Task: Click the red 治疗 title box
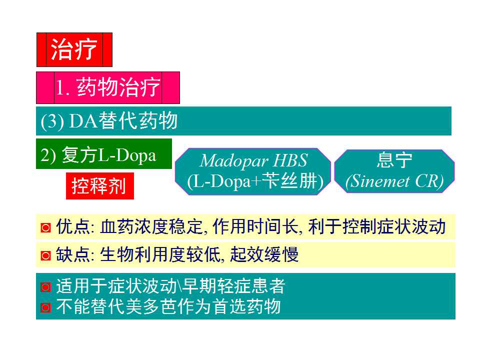point(74,50)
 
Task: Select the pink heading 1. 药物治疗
point(107,88)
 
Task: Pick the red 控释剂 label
point(99,187)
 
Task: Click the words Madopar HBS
point(253,161)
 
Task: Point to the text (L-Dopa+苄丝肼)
point(253,181)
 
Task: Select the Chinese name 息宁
point(394,160)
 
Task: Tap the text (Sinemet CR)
point(394,181)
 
